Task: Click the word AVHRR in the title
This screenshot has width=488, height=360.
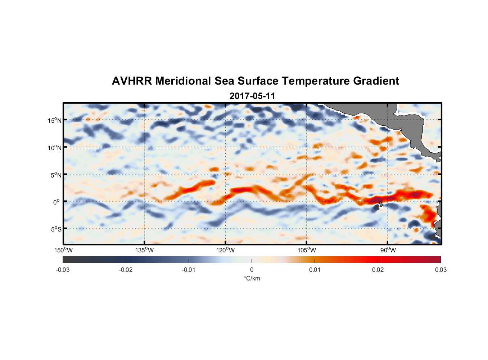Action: pyautogui.click(x=132, y=81)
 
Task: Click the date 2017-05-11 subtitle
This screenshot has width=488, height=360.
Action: pyautogui.click(x=252, y=96)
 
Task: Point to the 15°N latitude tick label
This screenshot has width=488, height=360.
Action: pyautogui.click(x=55, y=120)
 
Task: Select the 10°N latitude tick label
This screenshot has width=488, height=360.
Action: pyautogui.click(x=55, y=148)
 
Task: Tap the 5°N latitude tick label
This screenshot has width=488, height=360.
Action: pyautogui.click(x=56, y=175)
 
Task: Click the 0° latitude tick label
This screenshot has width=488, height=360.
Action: pyautogui.click(x=57, y=202)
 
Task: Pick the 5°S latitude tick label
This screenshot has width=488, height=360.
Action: pyautogui.click(x=56, y=229)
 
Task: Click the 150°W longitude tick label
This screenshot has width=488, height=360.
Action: pyautogui.click(x=64, y=250)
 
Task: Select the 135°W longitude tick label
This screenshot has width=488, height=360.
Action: pyautogui.click(x=145, y=250)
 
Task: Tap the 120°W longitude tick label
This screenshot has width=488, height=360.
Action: pyautogui.click(x=226, y=250)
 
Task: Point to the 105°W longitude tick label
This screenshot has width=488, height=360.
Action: pyautogui.click(x=307, y=250)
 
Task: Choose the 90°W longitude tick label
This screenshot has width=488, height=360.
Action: pyautogui.click(x=388, y=250)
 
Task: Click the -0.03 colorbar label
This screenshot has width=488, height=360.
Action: pyautogui.click(x=63, y=270)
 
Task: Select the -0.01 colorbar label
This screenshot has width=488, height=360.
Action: pyautogui.click(x=189, y=270)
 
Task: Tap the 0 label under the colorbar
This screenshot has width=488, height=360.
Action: pyautogui.click(x=252, y=270)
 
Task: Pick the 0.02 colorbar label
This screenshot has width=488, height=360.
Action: pyautogui.click(x=378, y=270)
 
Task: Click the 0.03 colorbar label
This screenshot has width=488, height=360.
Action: pyautogui.click(x=440, y=270)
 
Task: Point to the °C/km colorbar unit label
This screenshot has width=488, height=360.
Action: pyautogui.click(x=252, y=278)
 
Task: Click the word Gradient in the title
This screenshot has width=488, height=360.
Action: pyautogui.click(x=376, y=81)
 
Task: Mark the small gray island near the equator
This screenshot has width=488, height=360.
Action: pyautogui.click(x=381, y=204)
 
